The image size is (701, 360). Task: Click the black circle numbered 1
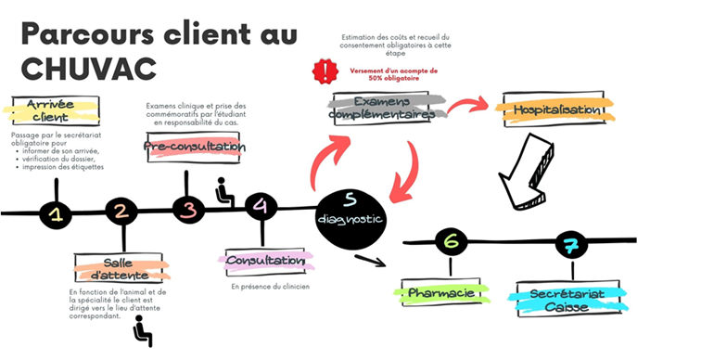coord(57,214)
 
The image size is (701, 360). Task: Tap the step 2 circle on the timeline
coord(121,212)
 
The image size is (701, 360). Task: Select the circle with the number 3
coord(188,210)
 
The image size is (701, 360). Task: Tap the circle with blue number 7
coord(568,245)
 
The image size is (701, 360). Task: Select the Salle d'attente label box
coord(121,270)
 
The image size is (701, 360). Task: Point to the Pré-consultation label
coord(194,147)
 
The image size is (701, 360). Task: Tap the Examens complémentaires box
coord(382,109)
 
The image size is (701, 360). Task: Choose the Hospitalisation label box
coord(552,109)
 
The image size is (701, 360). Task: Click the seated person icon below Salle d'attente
coord(142,331)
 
